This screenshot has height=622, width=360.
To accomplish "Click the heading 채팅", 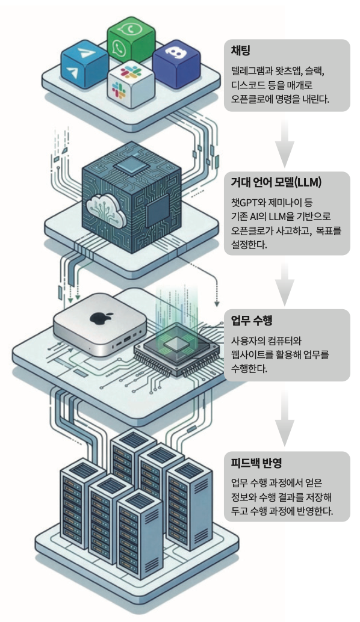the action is pyautogui.click(x=240, y=51).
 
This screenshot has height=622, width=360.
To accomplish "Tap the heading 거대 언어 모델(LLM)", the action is pyautogui.click(x=276, y=182).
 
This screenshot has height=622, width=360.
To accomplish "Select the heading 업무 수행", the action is pyautogui.click(x=252, y=320).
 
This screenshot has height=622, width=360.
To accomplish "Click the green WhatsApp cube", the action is pyautogui.click(x=131, y=40).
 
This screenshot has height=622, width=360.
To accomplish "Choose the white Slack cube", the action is pyautogui.click(x=131, y=82).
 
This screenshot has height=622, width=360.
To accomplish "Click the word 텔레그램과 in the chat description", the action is pyautogui.click(x=251, y=72).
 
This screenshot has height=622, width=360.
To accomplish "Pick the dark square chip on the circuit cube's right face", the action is pyautogui.click(x=157, y=210).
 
